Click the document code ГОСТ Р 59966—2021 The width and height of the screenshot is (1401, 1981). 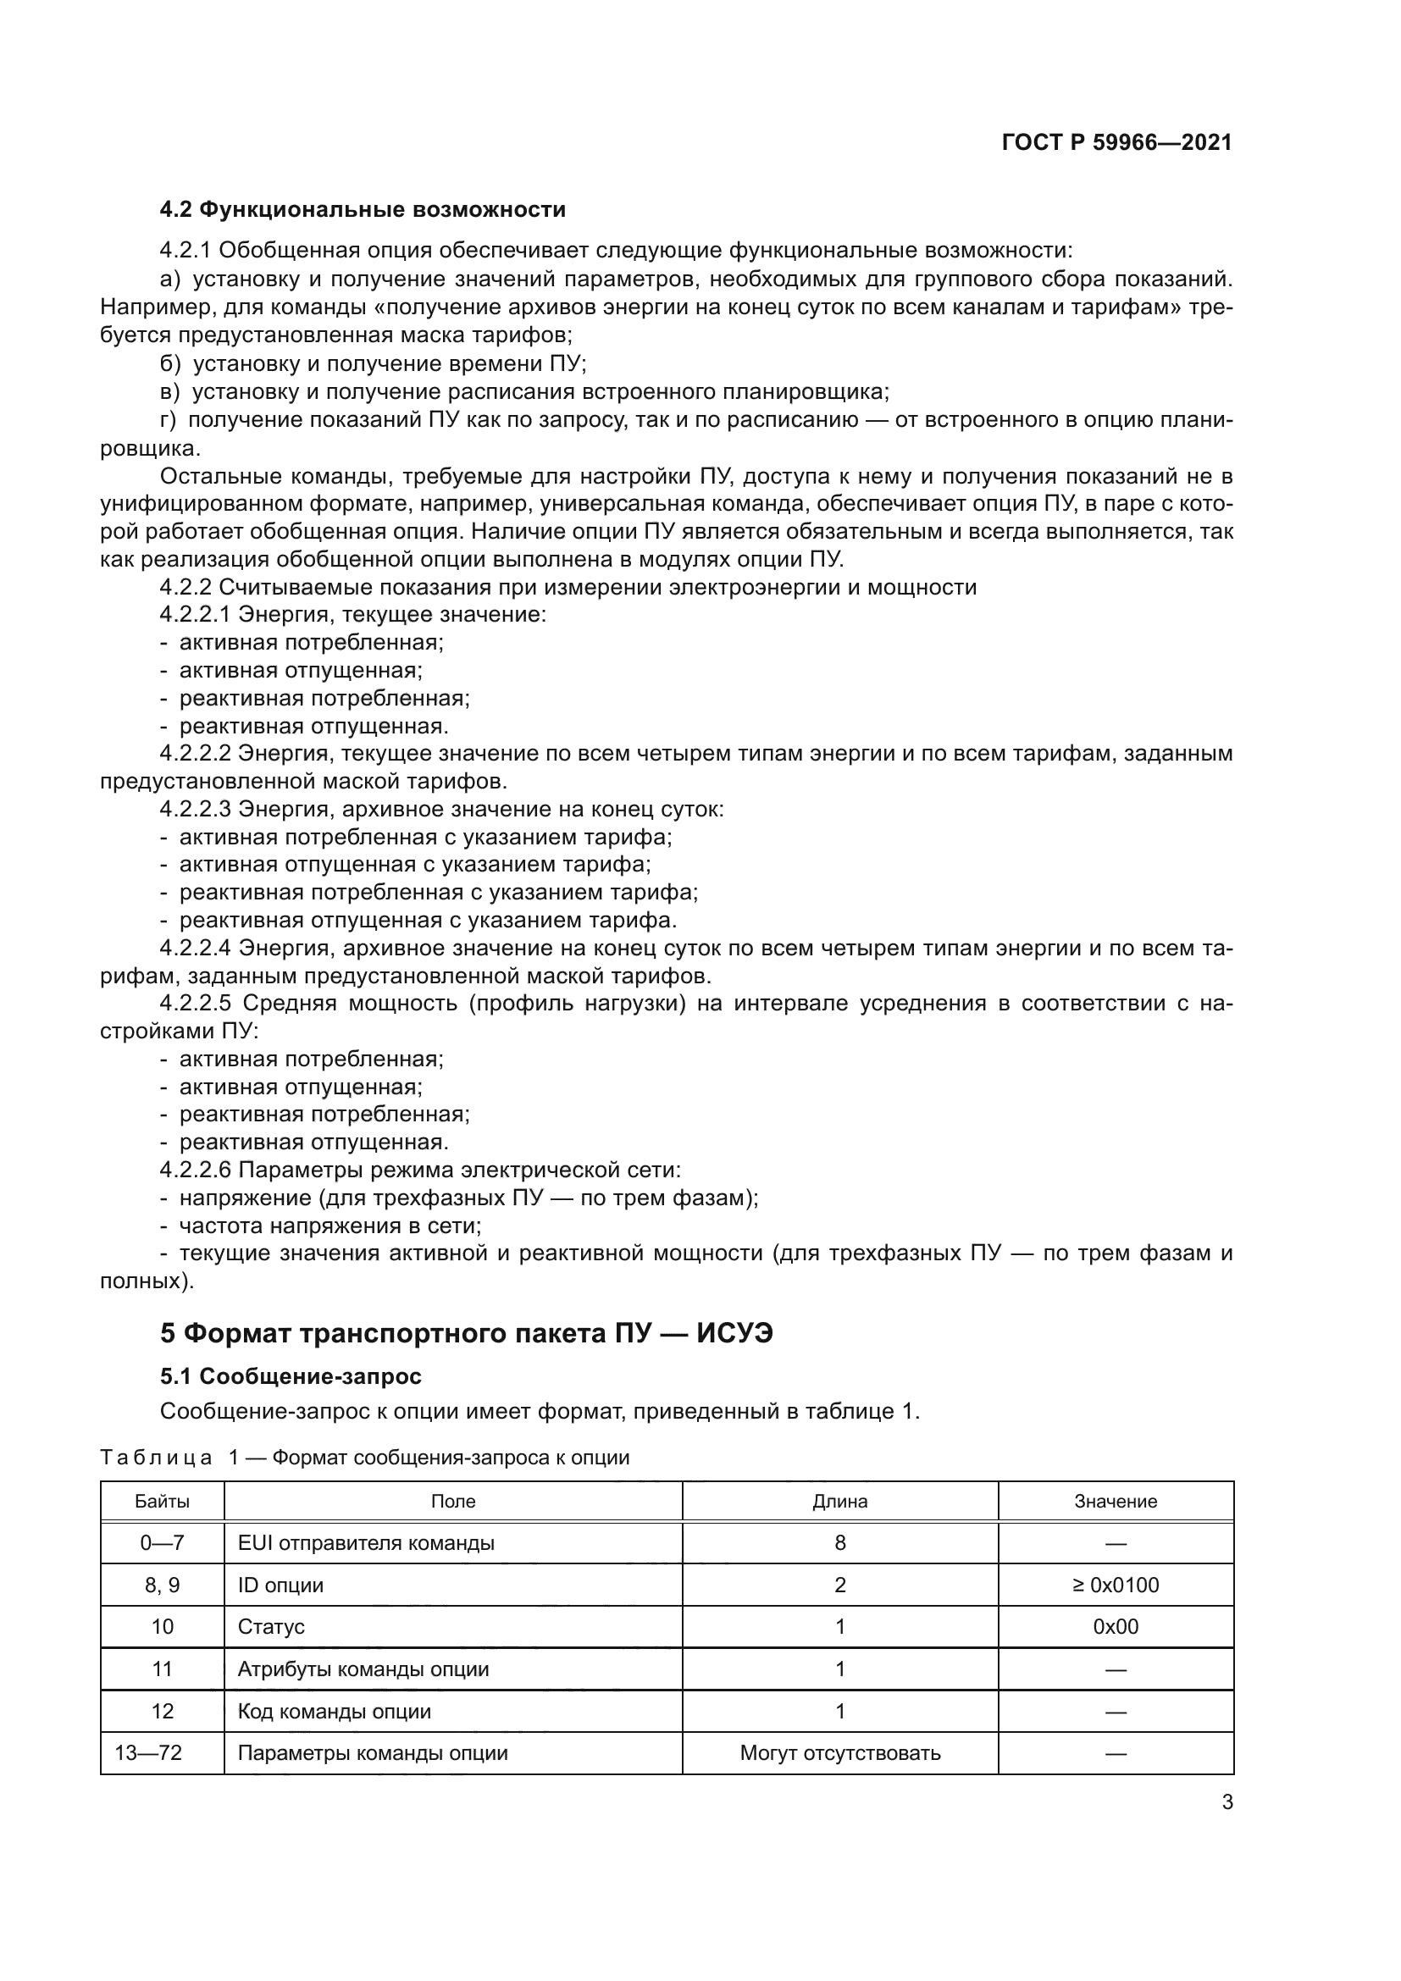pos(1116,142)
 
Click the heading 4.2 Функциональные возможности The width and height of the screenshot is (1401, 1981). pos(363,210)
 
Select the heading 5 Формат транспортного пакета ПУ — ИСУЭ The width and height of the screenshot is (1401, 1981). pos(466,1333)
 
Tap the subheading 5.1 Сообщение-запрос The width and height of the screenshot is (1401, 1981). pos(291,1375)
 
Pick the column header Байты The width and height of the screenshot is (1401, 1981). pos(162,1501)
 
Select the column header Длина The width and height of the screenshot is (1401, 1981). pos(839,1501)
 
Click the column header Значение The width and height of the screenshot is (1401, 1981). pos(1116,1501)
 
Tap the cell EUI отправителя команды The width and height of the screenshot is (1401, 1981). pos(366,1542)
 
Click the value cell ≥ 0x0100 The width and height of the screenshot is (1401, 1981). pos(1116,1585)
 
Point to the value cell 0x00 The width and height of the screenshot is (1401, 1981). pos(1116,1626)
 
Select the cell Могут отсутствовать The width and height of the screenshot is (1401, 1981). pos(839,1752)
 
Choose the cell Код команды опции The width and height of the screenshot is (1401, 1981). pos(334,1711)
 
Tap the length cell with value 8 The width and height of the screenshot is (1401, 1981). pos(839,1542)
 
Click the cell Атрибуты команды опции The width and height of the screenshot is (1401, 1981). pos(363,1668)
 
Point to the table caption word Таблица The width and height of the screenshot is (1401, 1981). pos(156,1458)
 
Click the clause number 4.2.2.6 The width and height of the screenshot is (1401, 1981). pos(195,1170)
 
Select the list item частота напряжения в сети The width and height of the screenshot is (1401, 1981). pos(329,1226)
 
